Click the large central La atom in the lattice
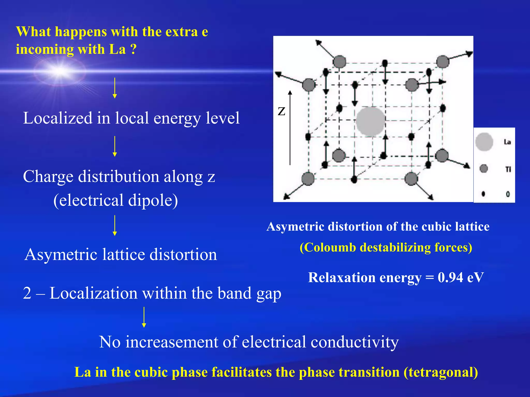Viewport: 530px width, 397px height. [371, 121]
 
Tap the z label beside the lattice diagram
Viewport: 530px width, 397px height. [281, 111]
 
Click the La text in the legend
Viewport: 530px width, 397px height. [507, 142]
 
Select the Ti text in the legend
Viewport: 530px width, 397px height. [508, 169]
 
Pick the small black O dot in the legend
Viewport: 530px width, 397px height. [483, 194]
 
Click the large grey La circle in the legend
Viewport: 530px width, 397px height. [484, 142]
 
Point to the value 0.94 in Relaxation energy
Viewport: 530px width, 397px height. [450, 278]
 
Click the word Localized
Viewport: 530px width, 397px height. [58, 118]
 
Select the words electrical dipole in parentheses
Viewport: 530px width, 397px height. [116, 200]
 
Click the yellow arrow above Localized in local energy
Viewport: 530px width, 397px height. [115, 88]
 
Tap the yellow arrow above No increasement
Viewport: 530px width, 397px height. [144, 317]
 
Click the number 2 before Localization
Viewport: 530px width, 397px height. [27, 293]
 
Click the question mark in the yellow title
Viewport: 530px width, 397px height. [133, 49]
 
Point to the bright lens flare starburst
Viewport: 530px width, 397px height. [60, 70]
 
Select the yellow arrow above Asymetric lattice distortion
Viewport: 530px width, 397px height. [115, 225]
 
